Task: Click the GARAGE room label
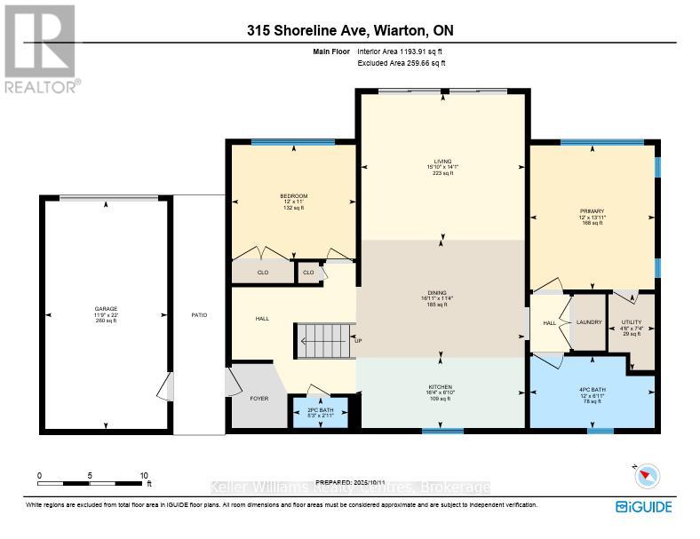point(106,309)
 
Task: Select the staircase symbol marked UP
point(322,338)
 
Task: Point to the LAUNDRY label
point(588,322)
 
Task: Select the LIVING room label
point(442,162)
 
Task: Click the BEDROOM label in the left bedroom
point(293,196)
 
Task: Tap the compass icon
point(647,477)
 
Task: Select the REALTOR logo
point(40,49)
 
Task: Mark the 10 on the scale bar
point(144,476)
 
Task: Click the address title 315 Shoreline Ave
point(349,30)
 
